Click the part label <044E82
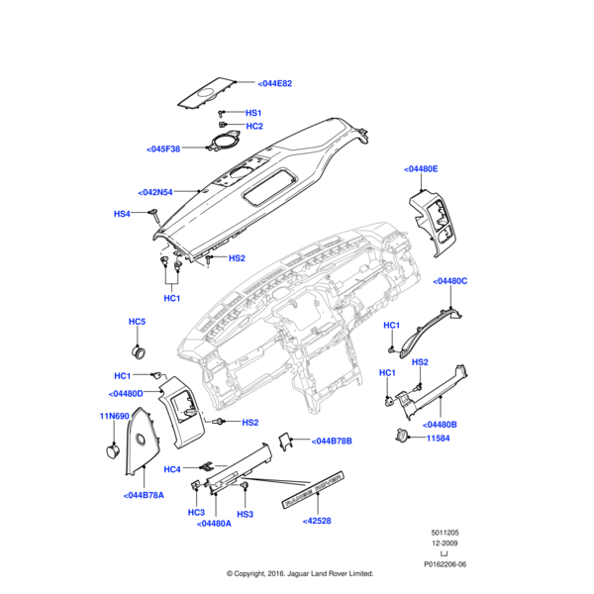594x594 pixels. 275,84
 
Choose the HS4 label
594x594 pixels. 122,214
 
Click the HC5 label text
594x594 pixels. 137,323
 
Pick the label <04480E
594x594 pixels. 421,169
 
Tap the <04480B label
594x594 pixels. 441,424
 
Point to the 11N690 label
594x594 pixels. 115,416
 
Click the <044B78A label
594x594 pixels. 145,495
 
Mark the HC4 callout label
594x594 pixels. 172,468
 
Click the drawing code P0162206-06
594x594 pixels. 445,564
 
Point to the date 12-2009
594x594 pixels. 445,544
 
